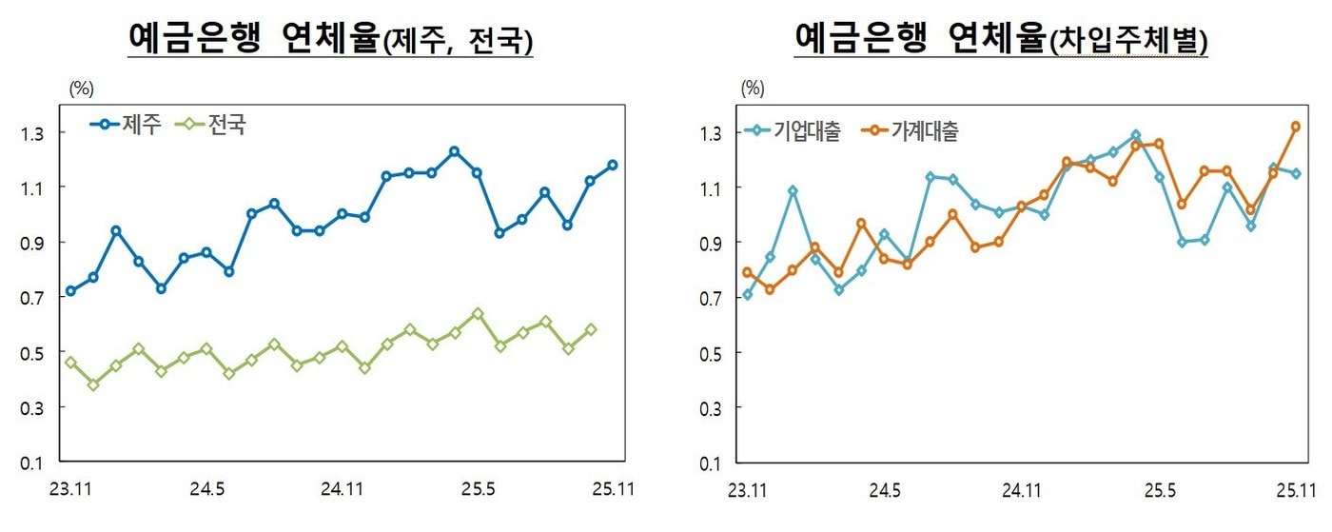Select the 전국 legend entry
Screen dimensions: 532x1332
(x=214, y=124)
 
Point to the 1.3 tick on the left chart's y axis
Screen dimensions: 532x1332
(x=33, y=132)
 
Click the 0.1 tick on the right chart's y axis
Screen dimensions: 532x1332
(x=711, y=463)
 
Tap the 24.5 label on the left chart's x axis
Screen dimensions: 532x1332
(x=206, y=490)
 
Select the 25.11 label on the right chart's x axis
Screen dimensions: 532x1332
(x=1295, y=490)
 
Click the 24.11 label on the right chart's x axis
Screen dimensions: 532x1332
(x=1022, y=490)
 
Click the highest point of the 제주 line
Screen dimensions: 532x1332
(x=454, y=151)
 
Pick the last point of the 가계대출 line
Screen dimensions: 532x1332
(x=1295, y=126)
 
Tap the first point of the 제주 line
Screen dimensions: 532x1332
(x=70, y=291)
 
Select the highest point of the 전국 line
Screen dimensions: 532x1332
(x=478, y=313)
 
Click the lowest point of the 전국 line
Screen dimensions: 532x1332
(x=93, y=384)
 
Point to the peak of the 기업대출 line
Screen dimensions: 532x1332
(x=1135, y=135)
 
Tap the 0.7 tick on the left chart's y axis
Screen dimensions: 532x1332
(x=33, y=297)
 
